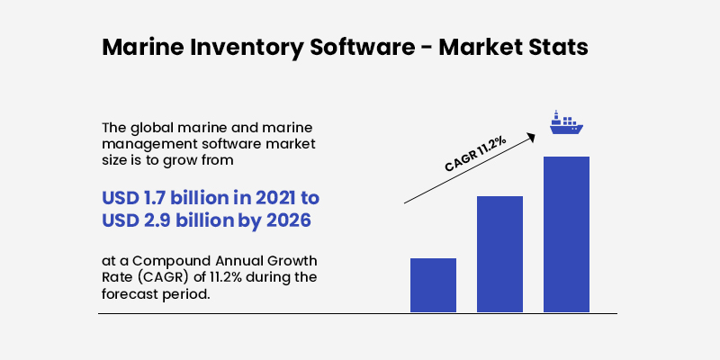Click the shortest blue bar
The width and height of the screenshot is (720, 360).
tap(433, 285)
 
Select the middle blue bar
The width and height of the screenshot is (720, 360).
tap(499, 254)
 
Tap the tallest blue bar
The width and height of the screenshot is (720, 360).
tap(566, 234)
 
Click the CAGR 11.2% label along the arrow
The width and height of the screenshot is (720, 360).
tap(475, 153)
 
